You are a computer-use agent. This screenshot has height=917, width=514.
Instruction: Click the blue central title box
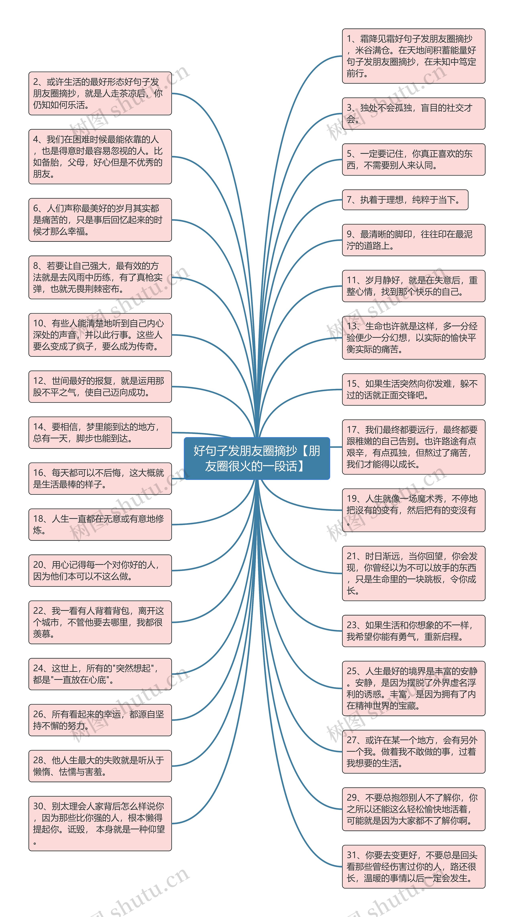point(257,458)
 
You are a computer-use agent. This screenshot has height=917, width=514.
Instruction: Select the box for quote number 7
point(405,200)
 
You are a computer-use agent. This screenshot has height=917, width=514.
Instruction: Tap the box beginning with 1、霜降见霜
point(414,56)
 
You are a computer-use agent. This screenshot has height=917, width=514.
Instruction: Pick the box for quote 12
point(100,387)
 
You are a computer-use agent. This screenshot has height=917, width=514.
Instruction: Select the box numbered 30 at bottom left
point(100,823)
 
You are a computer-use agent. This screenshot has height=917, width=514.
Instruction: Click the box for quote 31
point(414,866)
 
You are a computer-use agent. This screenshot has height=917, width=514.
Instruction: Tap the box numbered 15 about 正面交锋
point(414,389)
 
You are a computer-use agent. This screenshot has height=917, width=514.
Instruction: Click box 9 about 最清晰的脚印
point(414,240)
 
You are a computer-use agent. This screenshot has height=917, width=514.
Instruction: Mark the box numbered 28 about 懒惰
point(100,766)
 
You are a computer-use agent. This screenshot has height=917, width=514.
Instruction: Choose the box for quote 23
point(414,631)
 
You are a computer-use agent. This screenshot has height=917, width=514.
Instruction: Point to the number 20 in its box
point(38,565)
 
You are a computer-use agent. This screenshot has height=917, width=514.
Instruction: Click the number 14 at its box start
point(38,427)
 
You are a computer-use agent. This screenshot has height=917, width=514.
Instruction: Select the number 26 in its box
point(38,714)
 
